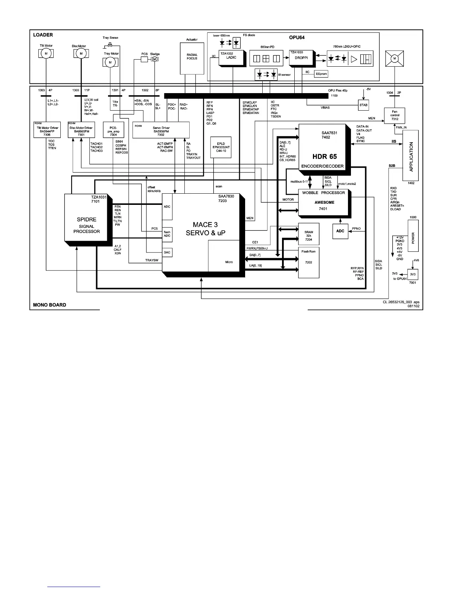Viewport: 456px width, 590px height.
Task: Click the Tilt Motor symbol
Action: (x=46, y=54)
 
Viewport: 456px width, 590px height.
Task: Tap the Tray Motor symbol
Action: (x=110, y=62)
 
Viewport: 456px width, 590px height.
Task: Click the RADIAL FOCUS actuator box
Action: (x=192, y=58)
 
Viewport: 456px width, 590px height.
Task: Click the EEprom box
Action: (x=321, y=74)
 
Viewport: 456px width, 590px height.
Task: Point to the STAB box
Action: (x=363, y=105)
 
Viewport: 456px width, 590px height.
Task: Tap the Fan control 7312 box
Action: (x=395, y=115)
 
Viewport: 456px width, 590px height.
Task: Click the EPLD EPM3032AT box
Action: (x=221, y=147)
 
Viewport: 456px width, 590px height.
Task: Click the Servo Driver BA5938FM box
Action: (x=161, y=130)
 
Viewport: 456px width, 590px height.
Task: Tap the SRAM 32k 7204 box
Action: (x=308, y=234)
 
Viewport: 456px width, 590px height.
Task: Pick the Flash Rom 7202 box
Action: (x=308, y=262)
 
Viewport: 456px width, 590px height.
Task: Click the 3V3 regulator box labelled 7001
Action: (x=412, y=275)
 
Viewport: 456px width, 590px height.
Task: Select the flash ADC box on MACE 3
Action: (x=167, y=234)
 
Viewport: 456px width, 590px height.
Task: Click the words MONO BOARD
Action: (x=50, y=305)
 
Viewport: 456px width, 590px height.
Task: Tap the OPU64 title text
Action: (x=297, y=38)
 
